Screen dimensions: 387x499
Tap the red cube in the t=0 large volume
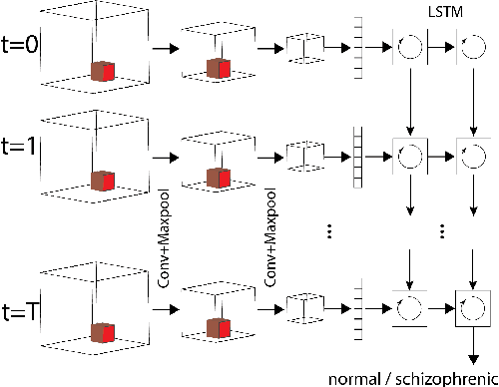pos(103,71)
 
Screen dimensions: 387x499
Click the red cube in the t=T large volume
pos(103,330)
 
